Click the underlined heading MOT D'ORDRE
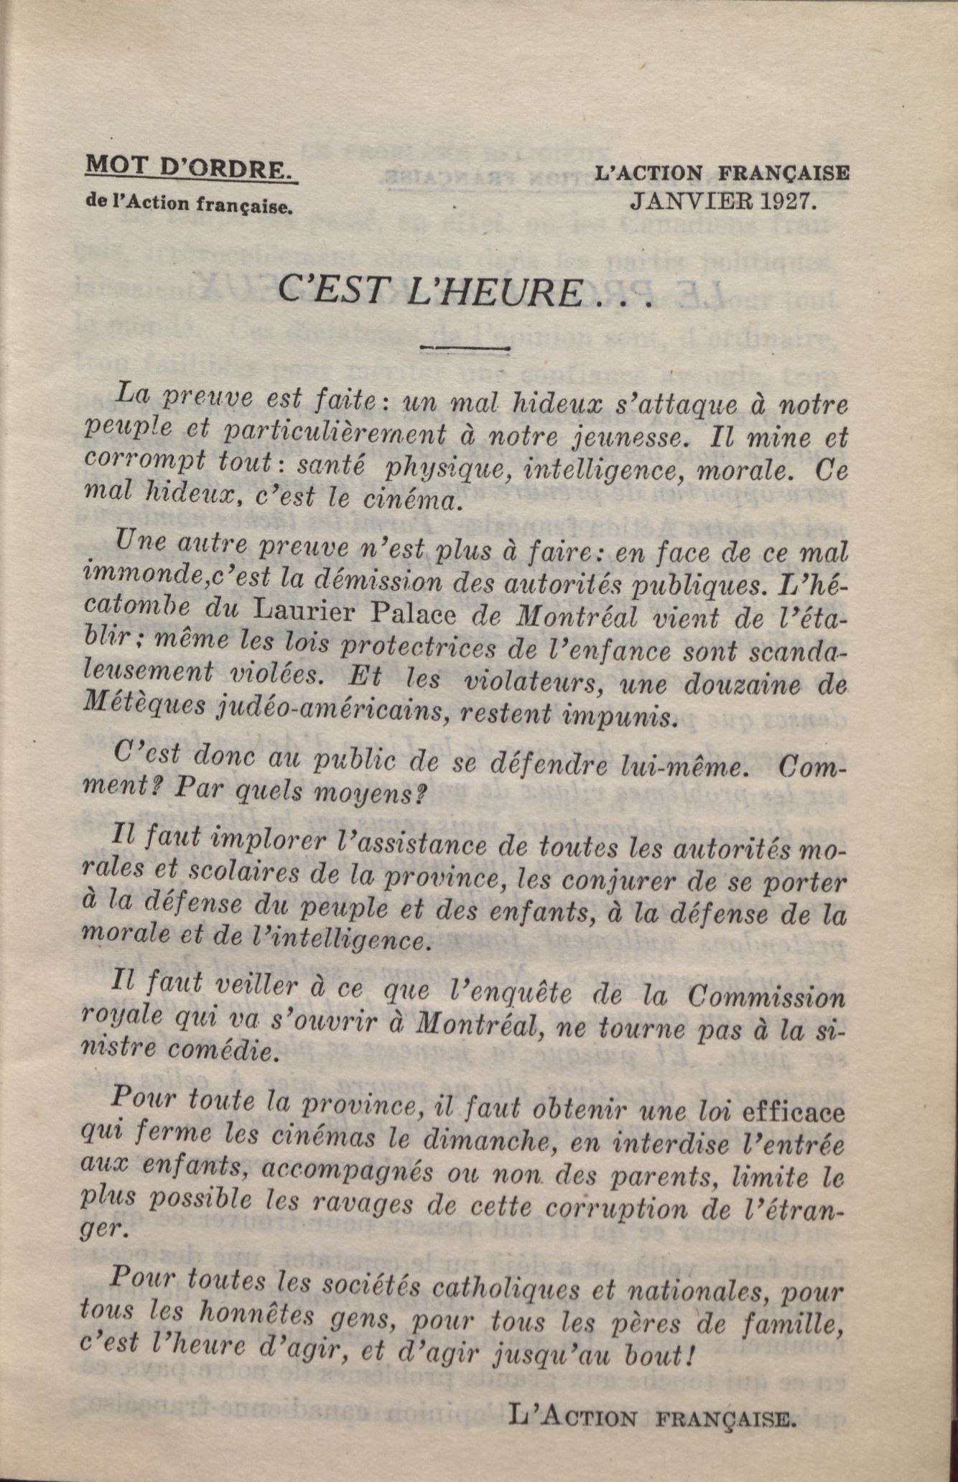190,168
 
